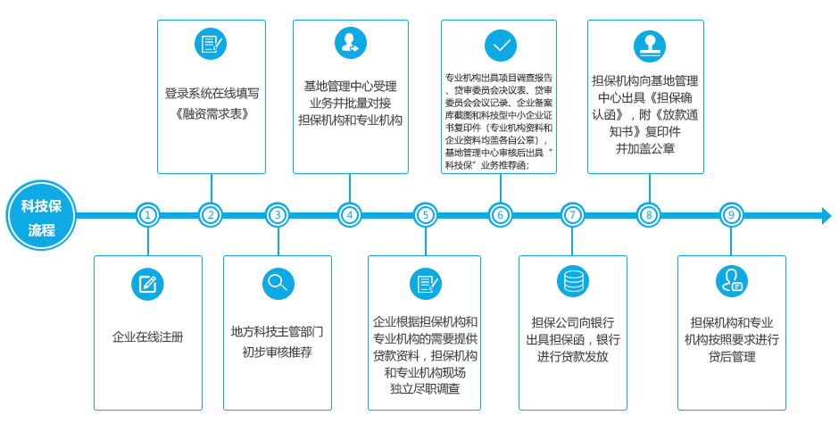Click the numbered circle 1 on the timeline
click(x=147, y=216)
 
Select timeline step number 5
click(x=426, y=216)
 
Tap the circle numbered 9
click(x=731, y=216)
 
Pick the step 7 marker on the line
click(x=572, y=216)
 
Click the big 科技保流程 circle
click(x=41, y=216)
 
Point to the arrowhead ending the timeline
click(x=827, y=216)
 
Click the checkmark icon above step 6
click(x=501, y=46)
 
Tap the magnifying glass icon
click(x=278, y=283)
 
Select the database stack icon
click(x=572, y=281)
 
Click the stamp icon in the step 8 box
click(x=649, y=46)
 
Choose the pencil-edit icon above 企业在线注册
click(x=147, y=284)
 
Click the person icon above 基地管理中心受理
click(x=351, y=43)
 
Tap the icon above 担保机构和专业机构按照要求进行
click(x=732, y=281)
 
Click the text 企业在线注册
click(x=147, y=336)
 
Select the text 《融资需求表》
click(x=212, y=114)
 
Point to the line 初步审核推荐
click(x=278, y=353)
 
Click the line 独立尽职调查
click(x=425, y=389)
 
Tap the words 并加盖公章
click(x=644, y=149)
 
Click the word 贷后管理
click(x=732, y=356)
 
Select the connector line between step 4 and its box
click(x=350, y=189)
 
